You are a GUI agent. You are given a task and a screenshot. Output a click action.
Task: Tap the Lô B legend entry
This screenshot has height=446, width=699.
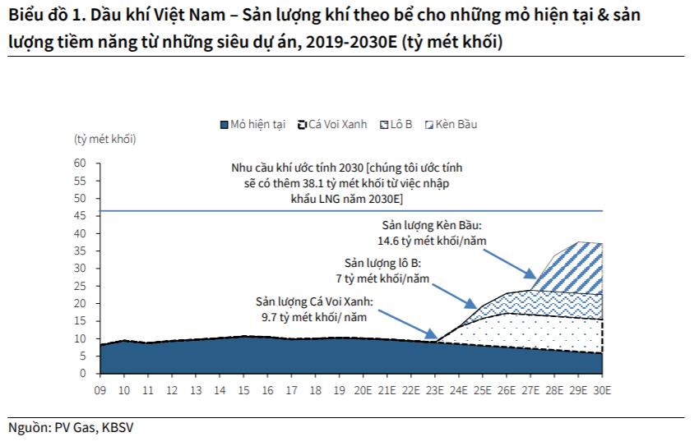(x=396, y=125)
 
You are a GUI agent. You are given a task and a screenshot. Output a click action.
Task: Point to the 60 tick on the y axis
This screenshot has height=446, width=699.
(x=81, y=163)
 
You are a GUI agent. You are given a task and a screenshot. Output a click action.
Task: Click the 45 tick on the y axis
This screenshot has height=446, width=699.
(x=81, y=216)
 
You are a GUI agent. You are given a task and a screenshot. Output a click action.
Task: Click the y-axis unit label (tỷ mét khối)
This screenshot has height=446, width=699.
(x=104, y=139)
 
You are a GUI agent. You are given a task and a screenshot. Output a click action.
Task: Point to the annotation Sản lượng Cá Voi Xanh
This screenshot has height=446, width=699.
(x=313, y=301)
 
